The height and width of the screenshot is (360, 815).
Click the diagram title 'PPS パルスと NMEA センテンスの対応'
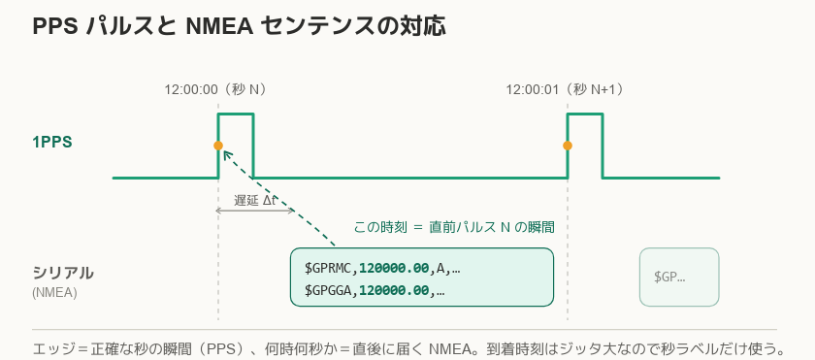coord(239,26)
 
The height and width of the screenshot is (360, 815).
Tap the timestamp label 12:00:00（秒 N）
coord(217,90)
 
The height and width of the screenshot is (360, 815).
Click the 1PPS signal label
coord(52,143)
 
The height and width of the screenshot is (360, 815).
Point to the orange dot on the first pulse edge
coord(218,146)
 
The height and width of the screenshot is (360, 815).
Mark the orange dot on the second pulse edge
coord(568,146)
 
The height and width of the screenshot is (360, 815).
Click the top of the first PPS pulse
coord(236,114)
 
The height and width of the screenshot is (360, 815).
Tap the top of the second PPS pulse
coord(585,114)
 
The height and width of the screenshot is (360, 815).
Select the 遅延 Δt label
coord(254,201)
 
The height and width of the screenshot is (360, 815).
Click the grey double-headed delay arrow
coord(255,211)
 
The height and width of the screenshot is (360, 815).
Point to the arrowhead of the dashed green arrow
coord(225,152)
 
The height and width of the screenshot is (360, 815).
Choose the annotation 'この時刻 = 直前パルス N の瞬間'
coord(454,227)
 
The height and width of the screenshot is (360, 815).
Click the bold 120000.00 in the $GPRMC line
coord(395,269)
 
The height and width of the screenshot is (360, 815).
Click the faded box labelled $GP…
coord(679,277)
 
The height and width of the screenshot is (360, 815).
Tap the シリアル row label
coord(63,273)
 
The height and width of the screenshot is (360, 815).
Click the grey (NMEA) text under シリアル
coord(54,293)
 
